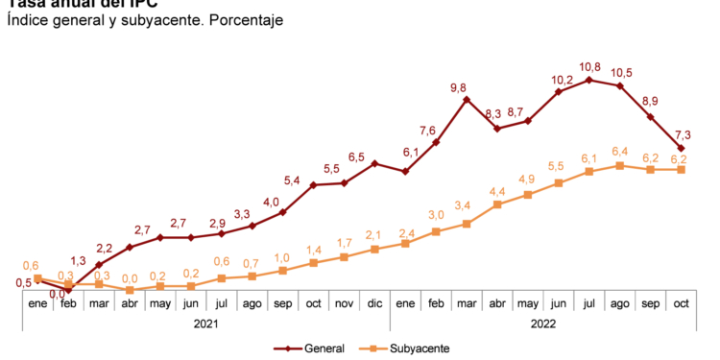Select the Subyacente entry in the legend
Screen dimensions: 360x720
click(x=418, y=348)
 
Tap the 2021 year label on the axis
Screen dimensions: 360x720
click(x=205, y=324)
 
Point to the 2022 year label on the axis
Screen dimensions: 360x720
click(x=542, y=324)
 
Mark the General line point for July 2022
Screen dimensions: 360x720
click(x=588, y=80)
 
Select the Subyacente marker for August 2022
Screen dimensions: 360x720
click(x=619, y=165)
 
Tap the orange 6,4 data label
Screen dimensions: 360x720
click(x=619, y=152)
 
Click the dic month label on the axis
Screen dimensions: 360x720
click(x=374, y=303)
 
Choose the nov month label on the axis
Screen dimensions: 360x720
click(x=344, y=303)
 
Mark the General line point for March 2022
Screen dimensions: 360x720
click(x=466, y=98)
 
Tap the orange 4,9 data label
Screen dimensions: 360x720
click(x=526, y=180)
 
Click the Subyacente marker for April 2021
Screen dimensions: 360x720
click(x=130, y=290)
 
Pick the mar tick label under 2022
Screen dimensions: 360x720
click(x=466, y=303)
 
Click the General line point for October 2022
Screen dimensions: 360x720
click(x=681, y=148)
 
